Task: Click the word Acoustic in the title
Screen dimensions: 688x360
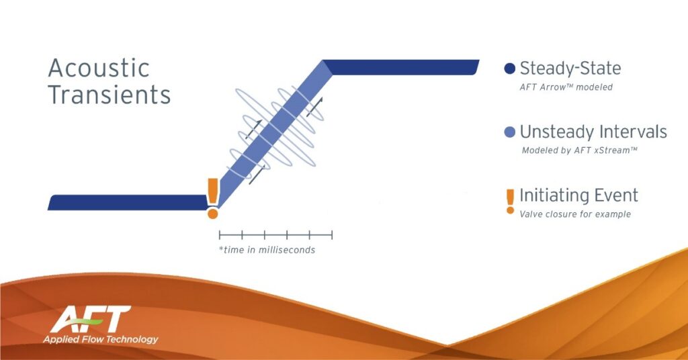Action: click(99, 68)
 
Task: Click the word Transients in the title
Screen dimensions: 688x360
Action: click(110, 95)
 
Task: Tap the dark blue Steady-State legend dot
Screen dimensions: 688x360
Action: click(509, 69)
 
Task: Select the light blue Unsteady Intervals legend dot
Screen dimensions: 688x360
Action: click(509, 132)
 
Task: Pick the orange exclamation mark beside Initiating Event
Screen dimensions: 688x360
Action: click(510, 201)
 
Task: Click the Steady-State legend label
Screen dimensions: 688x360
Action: click(570, 69)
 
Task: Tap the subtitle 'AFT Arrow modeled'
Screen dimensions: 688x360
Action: click(566, 87)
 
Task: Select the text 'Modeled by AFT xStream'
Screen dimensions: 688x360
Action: click(580, 150)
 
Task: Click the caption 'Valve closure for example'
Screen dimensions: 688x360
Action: click(575, 214)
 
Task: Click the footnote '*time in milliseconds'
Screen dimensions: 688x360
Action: click(267, 250)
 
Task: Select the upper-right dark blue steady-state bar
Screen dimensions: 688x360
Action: click(400, 68)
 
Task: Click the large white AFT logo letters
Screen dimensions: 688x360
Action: click(91, 319)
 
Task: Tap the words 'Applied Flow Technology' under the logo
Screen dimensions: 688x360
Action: click(101, 339)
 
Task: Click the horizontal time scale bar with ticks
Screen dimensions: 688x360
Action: click(275, 235)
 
